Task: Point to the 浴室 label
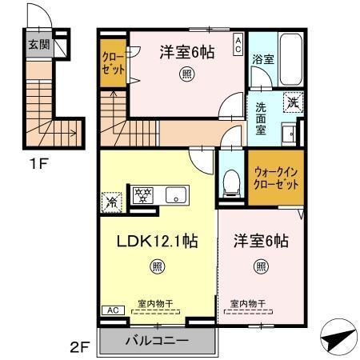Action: [x=263, y=59]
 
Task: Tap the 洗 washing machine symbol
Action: [x=294, y=102]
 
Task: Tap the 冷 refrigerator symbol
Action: [x=111, y=202]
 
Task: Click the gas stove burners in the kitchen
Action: [x=145, y=194]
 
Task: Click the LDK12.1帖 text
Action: [x=158, y=240]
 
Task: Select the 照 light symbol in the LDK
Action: [x=158, y=266]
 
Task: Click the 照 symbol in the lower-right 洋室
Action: [x=261, y=266]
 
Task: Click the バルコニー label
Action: [x=157, y=341]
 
